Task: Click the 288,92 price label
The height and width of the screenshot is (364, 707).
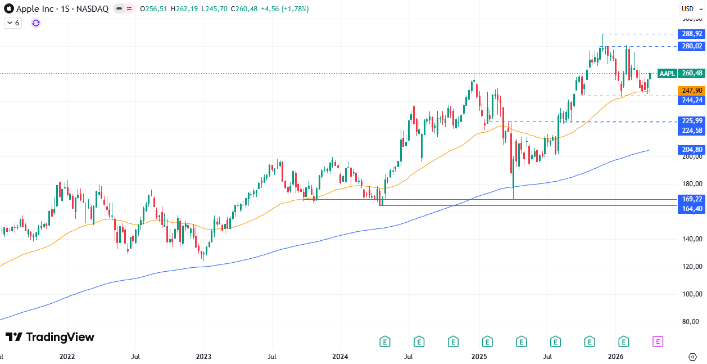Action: (x=691, y=34)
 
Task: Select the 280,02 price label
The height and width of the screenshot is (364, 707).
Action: (x=691, y=46)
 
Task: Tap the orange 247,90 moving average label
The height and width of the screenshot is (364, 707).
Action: (x=691, y=91)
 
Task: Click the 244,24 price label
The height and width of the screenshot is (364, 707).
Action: (x=691, y=100)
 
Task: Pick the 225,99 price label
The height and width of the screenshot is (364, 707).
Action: (x=691, y=121)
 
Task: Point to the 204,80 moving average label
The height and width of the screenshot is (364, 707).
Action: (x=691, y=150)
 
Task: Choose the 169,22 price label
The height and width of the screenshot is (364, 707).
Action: (x=691, y=199)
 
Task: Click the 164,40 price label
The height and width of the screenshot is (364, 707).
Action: (x=691, y=209)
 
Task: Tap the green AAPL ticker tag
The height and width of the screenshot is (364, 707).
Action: (x=667, y=73)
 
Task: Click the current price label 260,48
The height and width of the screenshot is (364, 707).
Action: (x=691, y=73)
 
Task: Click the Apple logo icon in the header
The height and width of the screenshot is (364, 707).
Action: (x=8, y=8)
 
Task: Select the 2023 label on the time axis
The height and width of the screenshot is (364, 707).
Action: (x=203, y=357)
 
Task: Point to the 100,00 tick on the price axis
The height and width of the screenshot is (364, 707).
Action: (x=692, y=294)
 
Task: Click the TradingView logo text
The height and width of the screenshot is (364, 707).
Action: (x=50, y=337)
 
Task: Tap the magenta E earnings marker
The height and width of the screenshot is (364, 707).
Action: (x=658, y=341)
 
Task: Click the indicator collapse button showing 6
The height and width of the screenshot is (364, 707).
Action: (x=13, y=23)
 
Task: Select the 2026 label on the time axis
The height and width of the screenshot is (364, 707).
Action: (x=616, y=357)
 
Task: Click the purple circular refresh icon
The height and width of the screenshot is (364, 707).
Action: (x=36, y=23)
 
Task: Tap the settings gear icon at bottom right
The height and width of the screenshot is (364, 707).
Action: (x=692, y=357)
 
